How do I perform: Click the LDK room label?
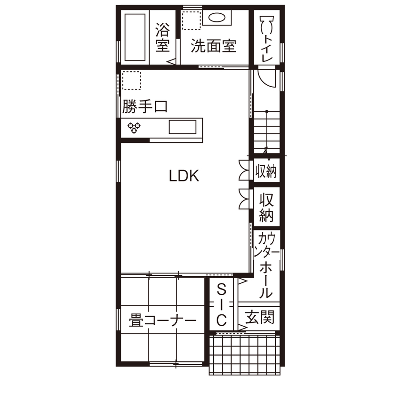(184, 176)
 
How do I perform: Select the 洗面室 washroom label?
(213, 46)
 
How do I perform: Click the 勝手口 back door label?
(144, 107)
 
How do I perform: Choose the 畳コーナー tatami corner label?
(163, 320)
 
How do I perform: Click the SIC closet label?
(221, 305)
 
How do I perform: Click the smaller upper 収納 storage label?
(266, 171)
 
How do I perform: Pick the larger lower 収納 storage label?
(267, 208)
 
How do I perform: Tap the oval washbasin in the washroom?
(217, 18)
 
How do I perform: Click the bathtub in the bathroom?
(134, 37)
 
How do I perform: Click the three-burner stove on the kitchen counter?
(133, 127)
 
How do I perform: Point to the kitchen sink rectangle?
(182, 128)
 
